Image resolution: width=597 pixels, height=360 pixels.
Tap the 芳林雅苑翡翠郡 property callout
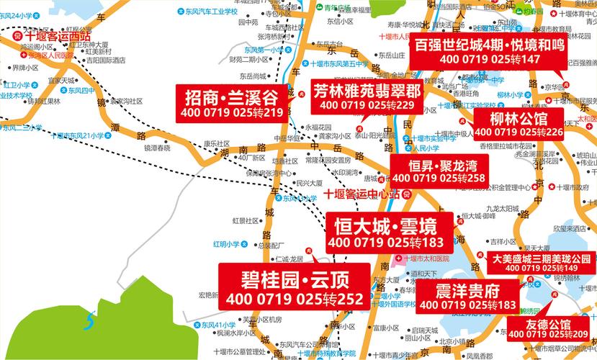(x=367, y=97)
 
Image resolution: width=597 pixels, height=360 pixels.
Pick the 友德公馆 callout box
(x=547, y=329)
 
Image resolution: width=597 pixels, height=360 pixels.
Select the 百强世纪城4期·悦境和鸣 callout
(x=488, y=51)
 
